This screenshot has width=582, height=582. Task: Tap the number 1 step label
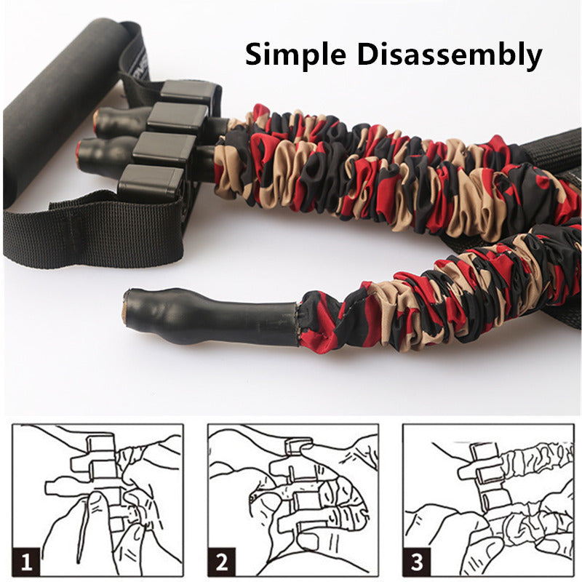click(27, 562)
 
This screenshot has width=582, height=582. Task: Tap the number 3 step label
click(418, 562)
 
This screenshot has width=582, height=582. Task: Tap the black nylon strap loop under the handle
click(95, 233)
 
